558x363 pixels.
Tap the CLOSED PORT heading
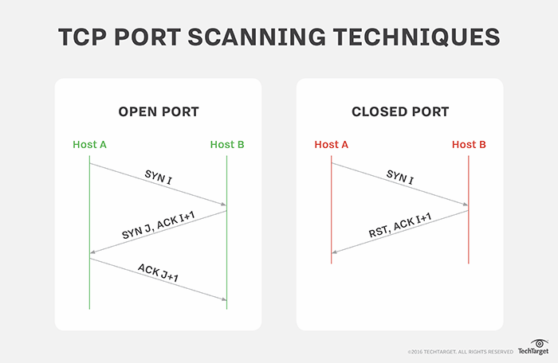point(399,111)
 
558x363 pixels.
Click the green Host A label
point(89,145)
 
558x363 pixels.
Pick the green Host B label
point(227,145)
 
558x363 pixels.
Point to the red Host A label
point(332,145)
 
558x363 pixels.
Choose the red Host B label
point(469,145)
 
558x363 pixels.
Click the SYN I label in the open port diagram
point(158,177)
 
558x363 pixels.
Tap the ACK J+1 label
point(158,271)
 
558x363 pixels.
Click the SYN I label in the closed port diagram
point(400,177)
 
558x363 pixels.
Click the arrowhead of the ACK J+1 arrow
point(223,299)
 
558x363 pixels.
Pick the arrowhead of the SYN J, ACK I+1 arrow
point(94,252)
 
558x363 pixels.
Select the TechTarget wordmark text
point(532,351)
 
